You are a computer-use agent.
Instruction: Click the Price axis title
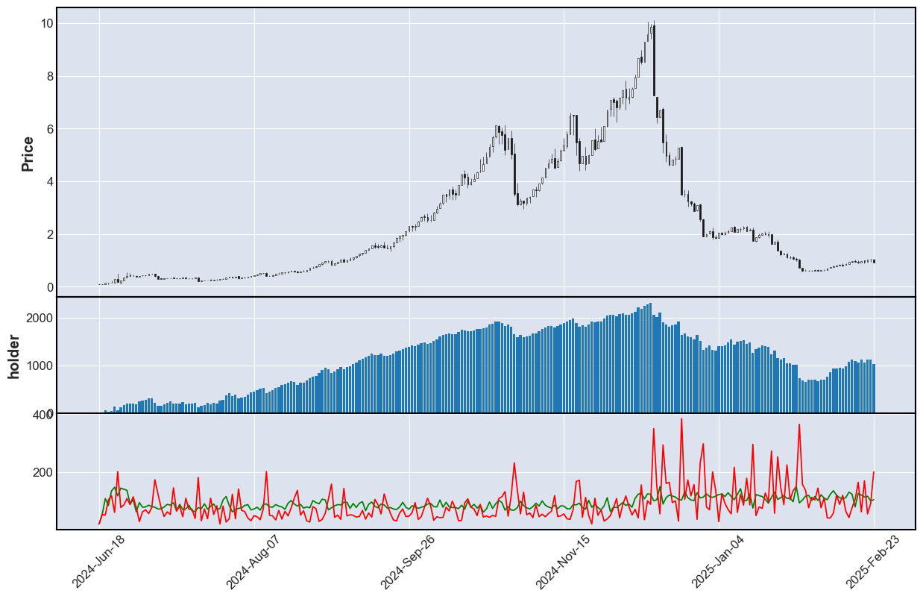(28, 154)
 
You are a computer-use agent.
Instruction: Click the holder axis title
(14, 357)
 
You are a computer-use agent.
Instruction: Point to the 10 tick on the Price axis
(47, 23)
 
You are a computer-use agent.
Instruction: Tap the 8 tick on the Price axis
(47, 76)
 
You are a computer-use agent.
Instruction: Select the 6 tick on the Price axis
(47, 129)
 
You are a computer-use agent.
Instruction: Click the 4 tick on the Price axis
(47, 182)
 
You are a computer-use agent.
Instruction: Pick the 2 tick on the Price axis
(47, 235)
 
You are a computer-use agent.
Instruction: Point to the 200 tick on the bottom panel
(43, 473)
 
